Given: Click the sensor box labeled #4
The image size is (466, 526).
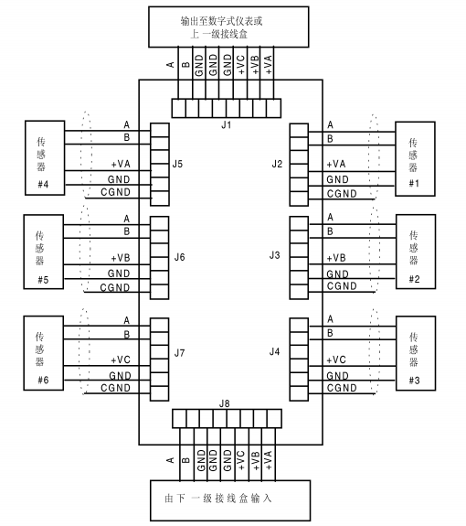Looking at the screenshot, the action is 45,157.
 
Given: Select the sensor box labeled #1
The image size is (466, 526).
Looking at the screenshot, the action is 415,158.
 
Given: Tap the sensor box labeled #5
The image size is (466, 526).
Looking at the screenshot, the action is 44,252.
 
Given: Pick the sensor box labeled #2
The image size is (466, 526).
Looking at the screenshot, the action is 416,252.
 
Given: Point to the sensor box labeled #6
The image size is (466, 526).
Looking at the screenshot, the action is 44,353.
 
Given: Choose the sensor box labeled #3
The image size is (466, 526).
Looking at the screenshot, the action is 416,353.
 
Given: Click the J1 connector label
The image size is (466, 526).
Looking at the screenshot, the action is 227,124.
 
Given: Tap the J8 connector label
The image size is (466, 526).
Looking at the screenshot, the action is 225,403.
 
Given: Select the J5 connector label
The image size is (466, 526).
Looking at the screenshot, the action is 177,164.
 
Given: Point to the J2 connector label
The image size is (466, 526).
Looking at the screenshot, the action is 277,164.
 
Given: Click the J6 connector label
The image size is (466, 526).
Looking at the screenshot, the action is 180,257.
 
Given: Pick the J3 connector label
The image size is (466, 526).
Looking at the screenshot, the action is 275,255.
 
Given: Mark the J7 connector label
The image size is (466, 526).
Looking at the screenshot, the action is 180,353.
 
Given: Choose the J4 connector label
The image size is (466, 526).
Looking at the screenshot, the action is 275,351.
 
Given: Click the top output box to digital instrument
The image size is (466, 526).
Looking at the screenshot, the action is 228,27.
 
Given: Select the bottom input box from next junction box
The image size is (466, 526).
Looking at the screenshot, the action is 230,500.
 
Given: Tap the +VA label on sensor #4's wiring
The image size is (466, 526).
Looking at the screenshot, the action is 121,164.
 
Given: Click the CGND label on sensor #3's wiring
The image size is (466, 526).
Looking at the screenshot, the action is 342,388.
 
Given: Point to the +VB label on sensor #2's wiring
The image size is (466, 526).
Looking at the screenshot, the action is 336,258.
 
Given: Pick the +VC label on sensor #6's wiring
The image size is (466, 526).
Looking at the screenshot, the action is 121,360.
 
